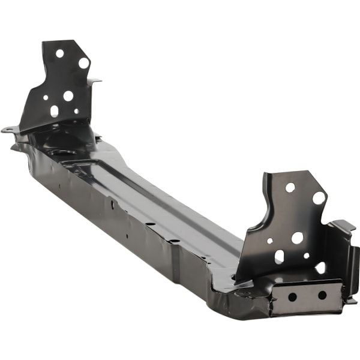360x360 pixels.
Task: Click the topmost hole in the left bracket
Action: click(x=59, y=53)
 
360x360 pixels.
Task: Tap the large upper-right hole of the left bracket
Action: click(x=83, y=62)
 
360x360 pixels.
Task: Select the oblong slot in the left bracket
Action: click(x=55, y=111)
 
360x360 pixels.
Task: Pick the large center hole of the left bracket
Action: click(x=68, y=95)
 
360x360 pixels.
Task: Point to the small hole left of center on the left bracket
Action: click(x=46, y=97)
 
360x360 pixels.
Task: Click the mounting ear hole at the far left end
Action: click(x=8, y=129)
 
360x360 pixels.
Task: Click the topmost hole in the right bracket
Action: click(x=290, y=187)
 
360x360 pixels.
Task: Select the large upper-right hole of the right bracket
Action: click(x=319, y=197)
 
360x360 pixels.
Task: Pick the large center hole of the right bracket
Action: click(x=297, y=238)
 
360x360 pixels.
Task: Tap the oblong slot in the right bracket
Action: click(x=279, y=256)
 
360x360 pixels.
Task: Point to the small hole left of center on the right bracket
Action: click(x=270, y=241)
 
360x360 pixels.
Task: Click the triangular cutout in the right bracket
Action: click(x=320, y=267)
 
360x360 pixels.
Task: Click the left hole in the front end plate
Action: click(x=292, y=296)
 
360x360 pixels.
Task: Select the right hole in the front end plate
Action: click(x=322, y=295)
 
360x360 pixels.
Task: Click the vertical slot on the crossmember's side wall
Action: click(x=112, y=205)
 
